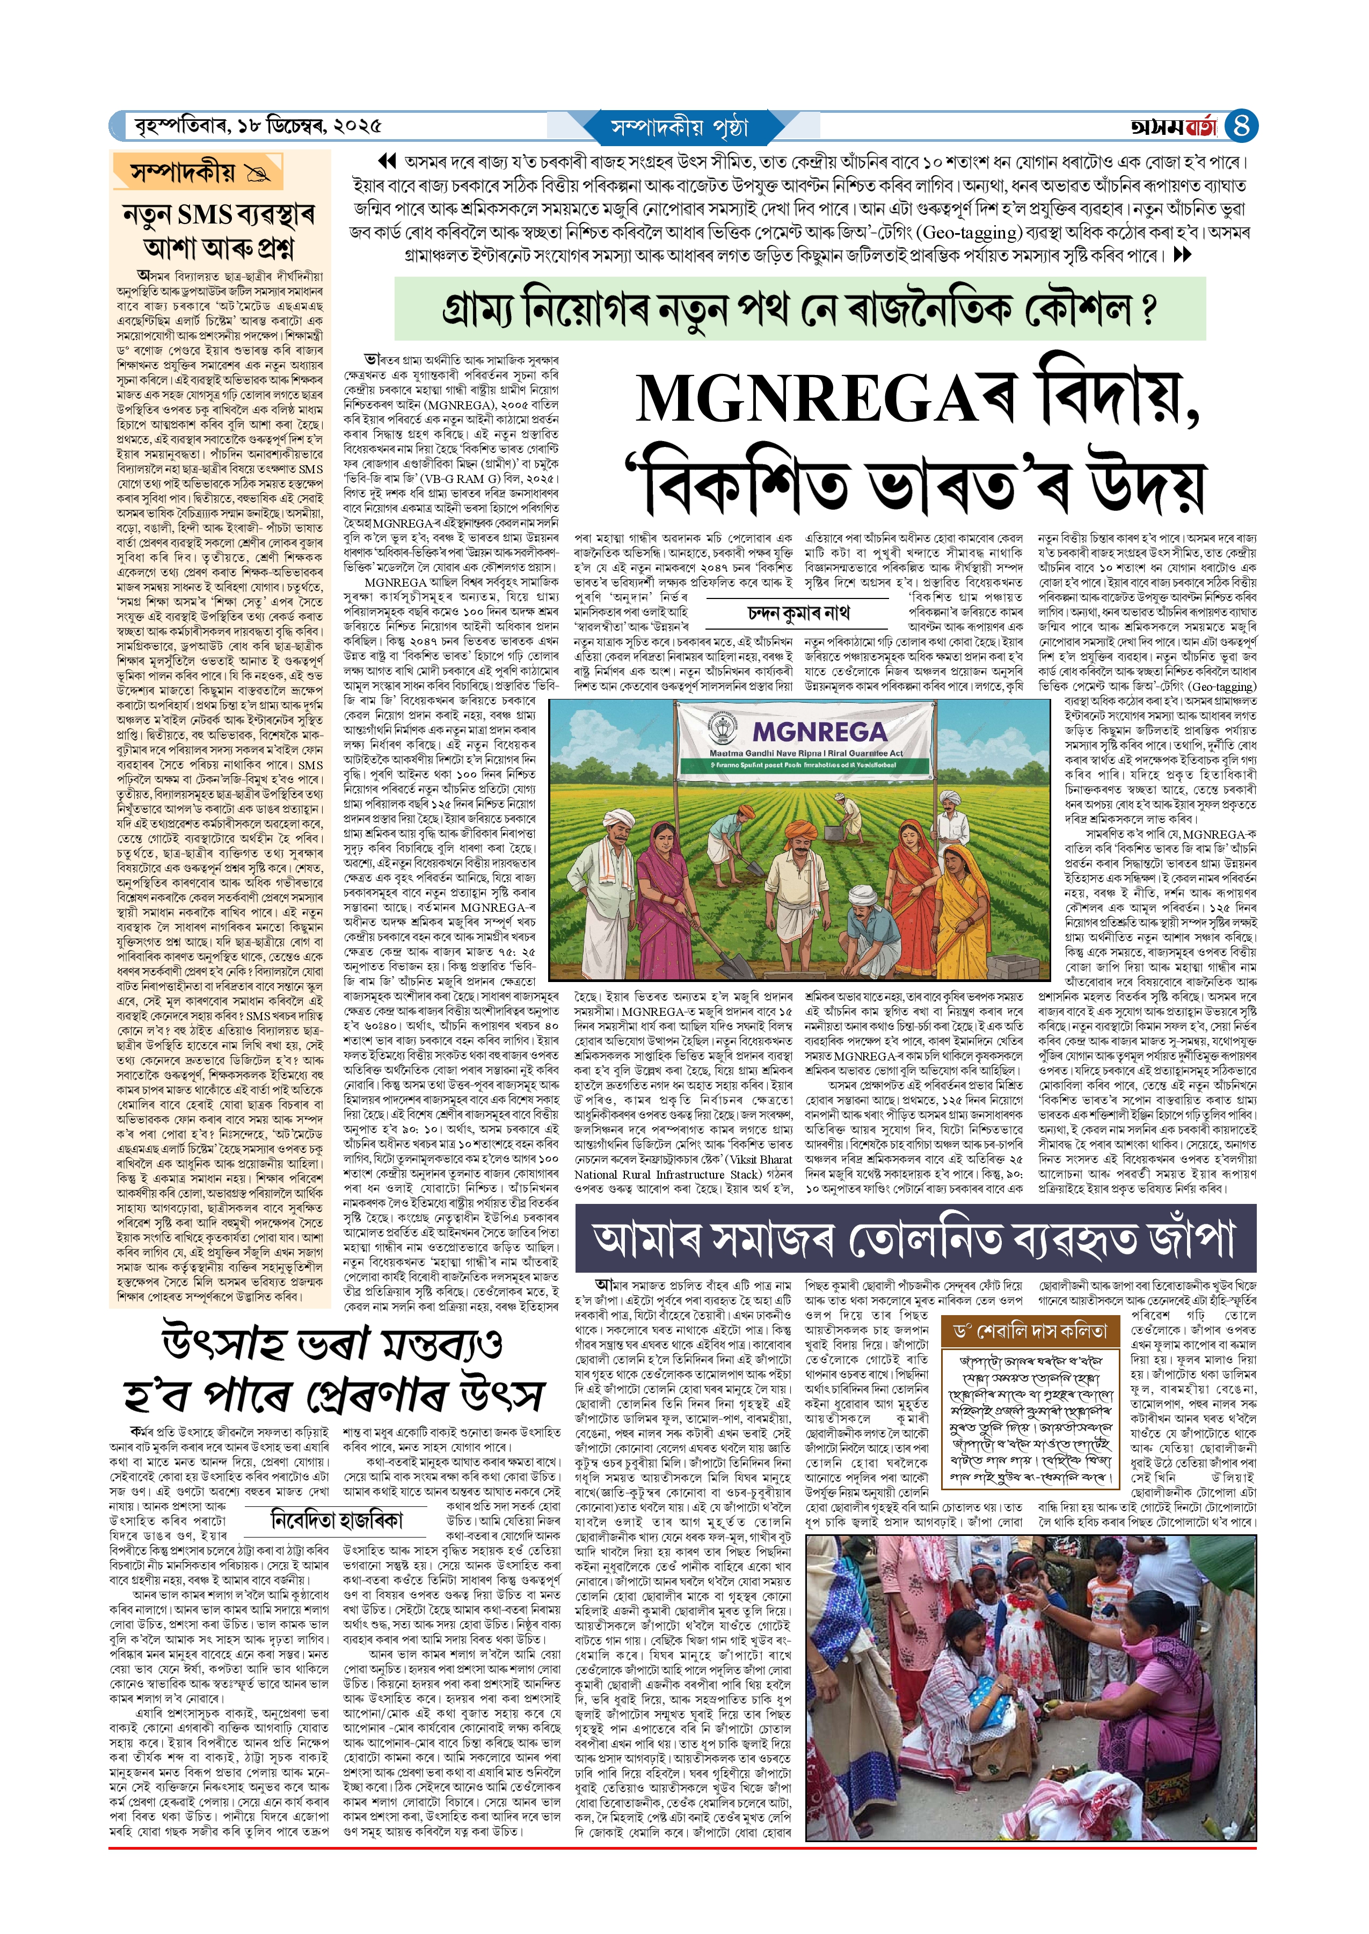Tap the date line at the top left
click(x=258, y=126)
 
